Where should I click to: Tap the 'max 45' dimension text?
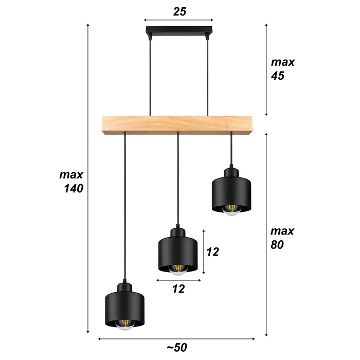pyautogui.click(x=283, y=69)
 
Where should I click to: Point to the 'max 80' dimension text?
pyautogui.click(x=283, y=238)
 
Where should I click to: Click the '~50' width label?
pyautogui.click(x=176, y=347)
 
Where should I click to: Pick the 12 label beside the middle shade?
pyautogui.click(x=212, y=252)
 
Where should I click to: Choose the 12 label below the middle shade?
pyautogui.click(x=178, y=289)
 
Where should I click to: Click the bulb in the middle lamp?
pyautogui.click(x=178, y=269)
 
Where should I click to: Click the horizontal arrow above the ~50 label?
pyautogui.click(x=176, y=338)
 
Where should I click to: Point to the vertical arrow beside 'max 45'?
pyautogui.click(x=266, y=69)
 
